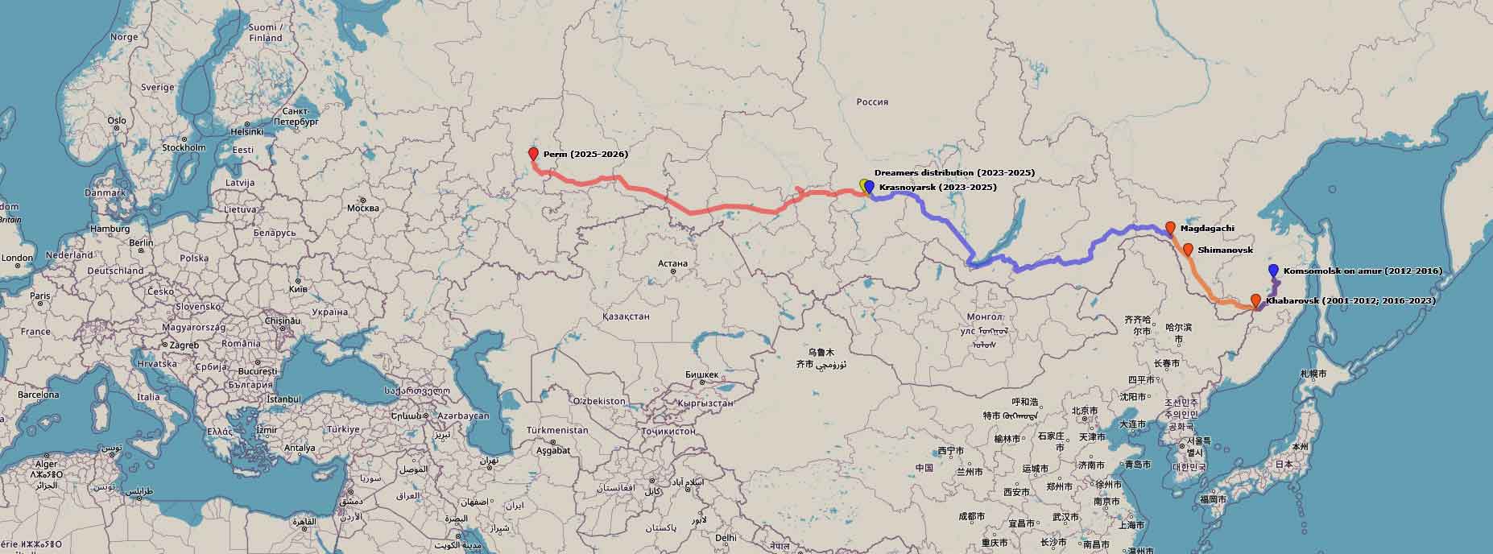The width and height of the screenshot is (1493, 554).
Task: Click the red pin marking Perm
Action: [x=533, y=154]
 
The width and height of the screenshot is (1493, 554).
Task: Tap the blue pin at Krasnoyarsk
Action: [x=869, y=187]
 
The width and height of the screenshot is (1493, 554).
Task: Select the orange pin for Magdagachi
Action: [x=1170, y=228]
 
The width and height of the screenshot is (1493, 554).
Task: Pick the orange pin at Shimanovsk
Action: [x=1188, y=250]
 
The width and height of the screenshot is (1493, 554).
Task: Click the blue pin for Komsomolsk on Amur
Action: [x=1273, y=271]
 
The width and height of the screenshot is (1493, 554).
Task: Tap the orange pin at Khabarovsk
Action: [x=1255, y=301]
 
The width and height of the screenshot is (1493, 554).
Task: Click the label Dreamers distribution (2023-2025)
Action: [x=954, y=173]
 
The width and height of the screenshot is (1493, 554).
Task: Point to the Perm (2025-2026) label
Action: [x=585, y=154]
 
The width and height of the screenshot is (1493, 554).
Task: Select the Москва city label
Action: [x=362, y=208]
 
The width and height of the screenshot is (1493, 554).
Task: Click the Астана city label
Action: [x=672, y=263]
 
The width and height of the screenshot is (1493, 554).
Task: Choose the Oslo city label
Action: [x=117, y=121]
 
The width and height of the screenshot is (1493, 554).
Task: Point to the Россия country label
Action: [x=872, y=102]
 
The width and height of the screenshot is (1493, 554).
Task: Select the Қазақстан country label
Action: [x=626, y=316]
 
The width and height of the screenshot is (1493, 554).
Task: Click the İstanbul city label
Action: [x=283, y=399]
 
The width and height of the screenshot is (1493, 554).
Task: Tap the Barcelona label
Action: [x=38, y=395]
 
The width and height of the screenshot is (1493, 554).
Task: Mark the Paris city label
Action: [x=39, y=296]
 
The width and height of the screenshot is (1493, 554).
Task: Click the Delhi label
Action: [x=726, y=537]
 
